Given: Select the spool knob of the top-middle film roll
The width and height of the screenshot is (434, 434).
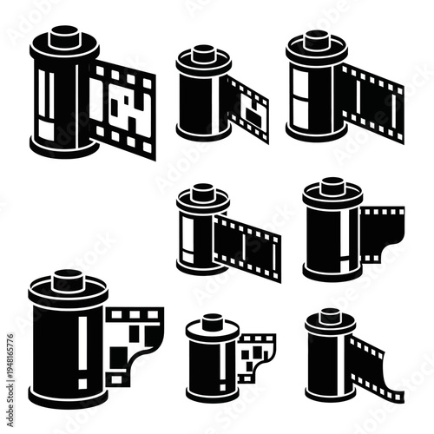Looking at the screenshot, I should click(203, 53).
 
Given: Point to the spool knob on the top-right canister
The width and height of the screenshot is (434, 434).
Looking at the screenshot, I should click(318, 38).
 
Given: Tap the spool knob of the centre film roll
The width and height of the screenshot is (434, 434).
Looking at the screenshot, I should click(203, 190).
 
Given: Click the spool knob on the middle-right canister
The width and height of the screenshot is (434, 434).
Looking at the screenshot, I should click(332, 185).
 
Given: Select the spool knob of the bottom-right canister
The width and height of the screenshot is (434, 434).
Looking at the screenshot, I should click(331, 315).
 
